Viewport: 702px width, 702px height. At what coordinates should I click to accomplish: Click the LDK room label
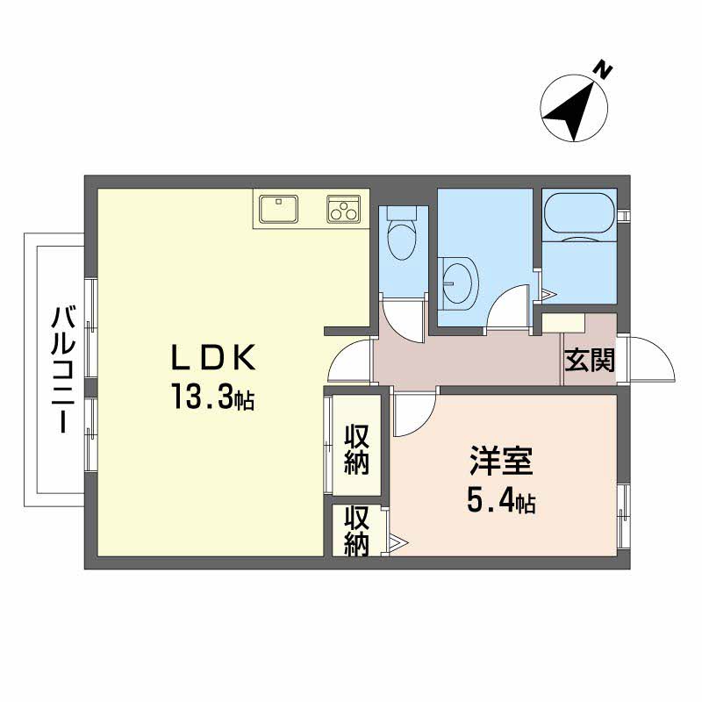click(213, 358)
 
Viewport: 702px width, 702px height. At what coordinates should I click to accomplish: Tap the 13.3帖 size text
click(213, 399)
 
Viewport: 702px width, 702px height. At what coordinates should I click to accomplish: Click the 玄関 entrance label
click(589, 362)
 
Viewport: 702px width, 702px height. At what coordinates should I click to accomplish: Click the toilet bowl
click(403, 234)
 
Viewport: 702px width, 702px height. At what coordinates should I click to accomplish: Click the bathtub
click(579, 218)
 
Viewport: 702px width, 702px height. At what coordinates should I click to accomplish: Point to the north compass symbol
click(574, 110)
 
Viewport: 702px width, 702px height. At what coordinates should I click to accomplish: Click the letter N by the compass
click(602, 68)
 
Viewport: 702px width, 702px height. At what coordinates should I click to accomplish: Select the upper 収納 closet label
click(356, 448)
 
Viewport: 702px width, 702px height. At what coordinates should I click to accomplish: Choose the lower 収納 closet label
click(356, 531)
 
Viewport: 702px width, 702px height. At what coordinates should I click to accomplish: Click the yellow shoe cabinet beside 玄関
click(562, 322)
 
